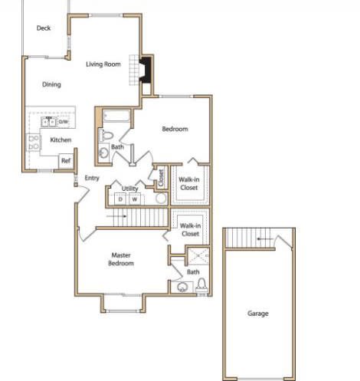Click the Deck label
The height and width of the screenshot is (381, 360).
click(44, 28)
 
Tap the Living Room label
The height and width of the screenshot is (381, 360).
click(103, 64)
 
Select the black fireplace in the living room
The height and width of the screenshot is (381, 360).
click(146, 70)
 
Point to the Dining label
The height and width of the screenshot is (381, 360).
click(51, 84)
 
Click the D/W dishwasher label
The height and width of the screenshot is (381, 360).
click(64, 122)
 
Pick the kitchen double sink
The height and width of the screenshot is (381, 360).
click(49, 122)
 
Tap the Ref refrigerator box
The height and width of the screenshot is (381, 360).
click(66, 161)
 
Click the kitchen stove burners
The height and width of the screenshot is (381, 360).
click(34, 143)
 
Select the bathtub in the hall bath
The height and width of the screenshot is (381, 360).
click(116, 117)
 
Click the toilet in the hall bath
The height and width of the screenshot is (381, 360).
click(106, 135)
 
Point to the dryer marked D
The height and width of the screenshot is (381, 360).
click(120, 199)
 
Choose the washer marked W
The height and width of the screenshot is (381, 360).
click(135, 199)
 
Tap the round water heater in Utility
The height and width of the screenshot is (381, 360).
click(161, 199)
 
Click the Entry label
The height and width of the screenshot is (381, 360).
click(92, 178)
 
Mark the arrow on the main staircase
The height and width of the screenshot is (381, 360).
click(116, 216)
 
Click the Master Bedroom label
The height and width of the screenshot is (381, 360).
click(121, 259)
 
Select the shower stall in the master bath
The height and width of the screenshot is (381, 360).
click(198, 256)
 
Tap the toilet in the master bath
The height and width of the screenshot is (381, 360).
click(202, 285)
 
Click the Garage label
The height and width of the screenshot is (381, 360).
click(258, 314)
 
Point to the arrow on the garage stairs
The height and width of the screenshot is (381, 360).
click(265, 239)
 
